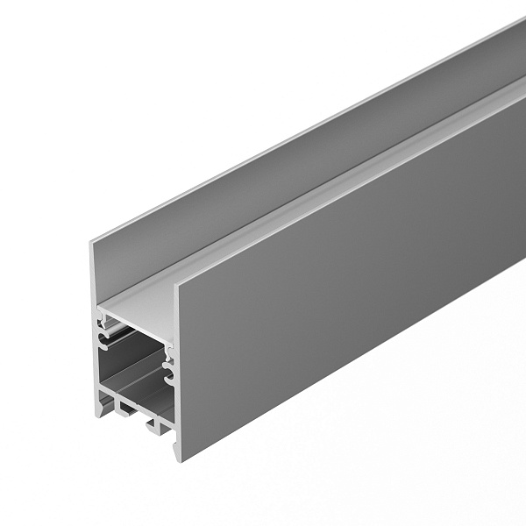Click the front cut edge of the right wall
click(x=179, y=368)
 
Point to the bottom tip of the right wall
click(x=180, y=459)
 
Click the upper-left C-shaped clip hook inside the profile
click(x=107, y=334)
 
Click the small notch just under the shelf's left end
click(x=103, y=323)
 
